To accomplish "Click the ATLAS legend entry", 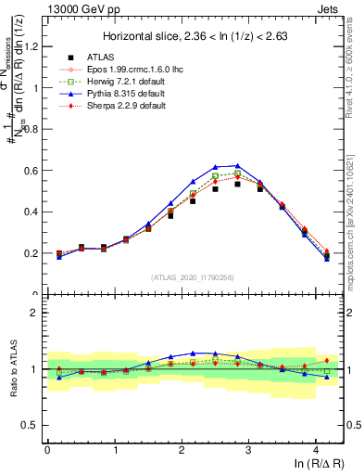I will (x=103, y=58).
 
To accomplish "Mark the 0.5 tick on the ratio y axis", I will (x=31, y=426).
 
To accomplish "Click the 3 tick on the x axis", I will (x=248, y=450).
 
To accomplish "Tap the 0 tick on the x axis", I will (x=47, y=450).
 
